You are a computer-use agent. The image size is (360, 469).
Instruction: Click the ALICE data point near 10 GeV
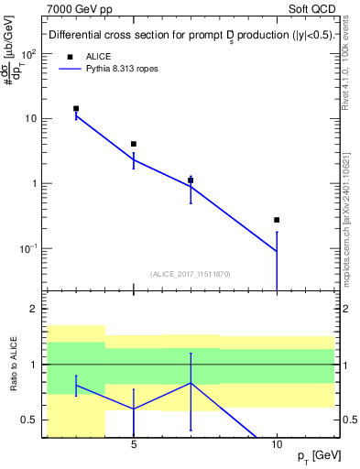(277, 220)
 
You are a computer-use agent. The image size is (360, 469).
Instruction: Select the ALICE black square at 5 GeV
(134, 144)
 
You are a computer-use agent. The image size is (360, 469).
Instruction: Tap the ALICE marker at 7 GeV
(191, 180)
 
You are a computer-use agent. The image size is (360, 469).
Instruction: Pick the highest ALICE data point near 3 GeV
(76, 108)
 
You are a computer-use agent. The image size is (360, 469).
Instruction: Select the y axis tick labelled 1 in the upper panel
(34, 183)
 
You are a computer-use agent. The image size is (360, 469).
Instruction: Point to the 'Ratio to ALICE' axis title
(13, 365)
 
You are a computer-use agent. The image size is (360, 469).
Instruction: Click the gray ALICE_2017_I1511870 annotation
(191, 274)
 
